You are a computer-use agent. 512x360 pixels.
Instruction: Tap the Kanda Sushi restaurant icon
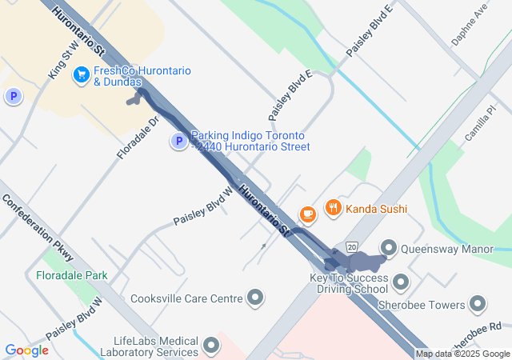(x=334, y=209)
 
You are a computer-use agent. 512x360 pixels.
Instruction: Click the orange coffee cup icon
(x=307, y=214)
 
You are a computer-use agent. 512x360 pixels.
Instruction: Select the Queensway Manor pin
(x=389, y=249)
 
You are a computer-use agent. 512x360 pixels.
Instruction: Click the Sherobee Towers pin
(x=478, y=305)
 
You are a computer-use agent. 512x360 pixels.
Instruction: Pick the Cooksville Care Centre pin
(x=256, y=298)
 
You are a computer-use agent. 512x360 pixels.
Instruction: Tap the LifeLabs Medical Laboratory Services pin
(x=211, y=346)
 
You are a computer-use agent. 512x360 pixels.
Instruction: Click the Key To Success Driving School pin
(x=400, y=283)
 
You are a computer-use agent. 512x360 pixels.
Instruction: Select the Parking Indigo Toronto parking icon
(x=179, y=142)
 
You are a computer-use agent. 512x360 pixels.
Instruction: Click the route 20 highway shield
(x=351, y=246)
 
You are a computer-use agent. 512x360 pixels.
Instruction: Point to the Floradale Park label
(x=72, y=275)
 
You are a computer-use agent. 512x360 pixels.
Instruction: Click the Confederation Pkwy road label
(x=38, y=227)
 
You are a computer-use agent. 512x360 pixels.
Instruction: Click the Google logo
(x=26, y=350)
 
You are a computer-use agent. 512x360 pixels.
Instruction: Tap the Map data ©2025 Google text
(x=462, y=354)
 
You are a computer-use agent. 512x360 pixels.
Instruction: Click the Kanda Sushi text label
(x=377, y=209)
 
